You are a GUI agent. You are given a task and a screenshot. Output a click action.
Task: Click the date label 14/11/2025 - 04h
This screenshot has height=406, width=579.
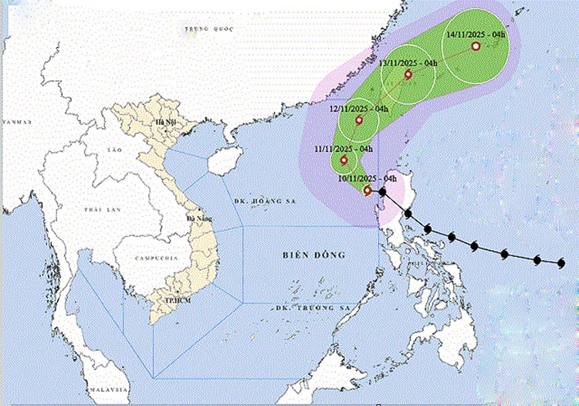click(476, 35)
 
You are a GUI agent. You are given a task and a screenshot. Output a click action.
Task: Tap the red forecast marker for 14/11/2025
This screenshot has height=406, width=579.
click(476, 47)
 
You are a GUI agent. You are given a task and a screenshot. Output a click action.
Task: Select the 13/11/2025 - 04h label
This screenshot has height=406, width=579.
click(408, 63)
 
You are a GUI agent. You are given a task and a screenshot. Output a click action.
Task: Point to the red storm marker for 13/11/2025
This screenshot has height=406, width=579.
click(408, 75)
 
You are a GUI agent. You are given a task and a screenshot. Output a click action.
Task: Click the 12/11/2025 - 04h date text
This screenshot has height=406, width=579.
click(359, 109)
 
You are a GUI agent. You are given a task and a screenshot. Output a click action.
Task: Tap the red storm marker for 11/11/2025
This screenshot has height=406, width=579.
click(344, 161)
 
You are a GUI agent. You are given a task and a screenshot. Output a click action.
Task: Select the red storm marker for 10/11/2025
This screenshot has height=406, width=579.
click(367, 190)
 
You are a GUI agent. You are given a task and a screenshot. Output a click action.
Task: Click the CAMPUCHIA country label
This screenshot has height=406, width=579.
click(151, 258)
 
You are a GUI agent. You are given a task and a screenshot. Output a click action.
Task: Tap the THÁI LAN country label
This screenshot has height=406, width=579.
click(97, 210)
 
